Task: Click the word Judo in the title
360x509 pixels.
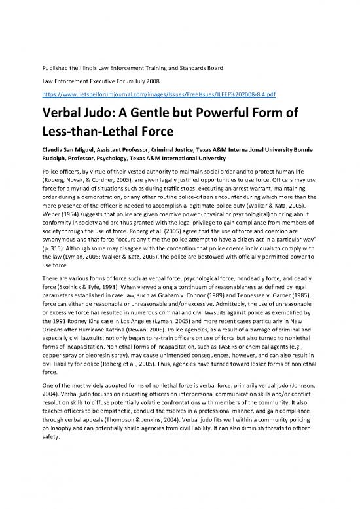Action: (x=101, y=111)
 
